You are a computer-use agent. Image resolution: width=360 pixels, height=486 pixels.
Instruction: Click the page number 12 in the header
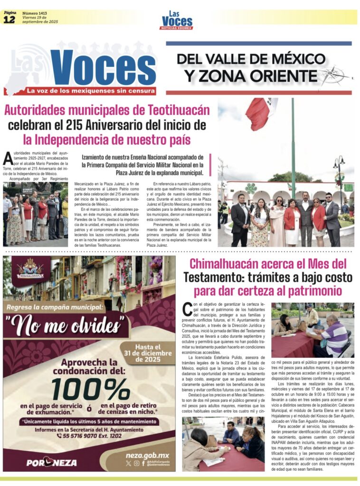pos(9,19)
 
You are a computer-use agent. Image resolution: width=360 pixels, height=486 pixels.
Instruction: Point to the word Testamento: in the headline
pos(209,277)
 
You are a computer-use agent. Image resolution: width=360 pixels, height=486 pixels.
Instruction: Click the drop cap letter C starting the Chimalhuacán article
pos(187,309)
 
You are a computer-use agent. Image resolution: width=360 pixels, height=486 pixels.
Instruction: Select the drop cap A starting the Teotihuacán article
pos(7,158)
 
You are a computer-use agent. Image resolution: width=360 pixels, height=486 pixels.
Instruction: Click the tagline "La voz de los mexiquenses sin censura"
pos(90,90)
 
